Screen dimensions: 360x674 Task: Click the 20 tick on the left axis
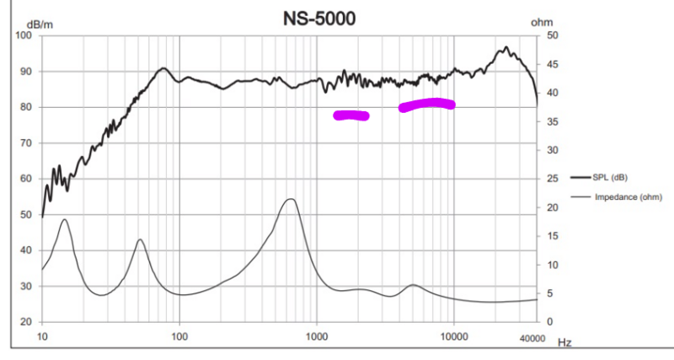tap(25, 322)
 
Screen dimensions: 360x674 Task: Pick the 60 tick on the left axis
tap(25, 179)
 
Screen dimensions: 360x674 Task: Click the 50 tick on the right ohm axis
tap(552, 35)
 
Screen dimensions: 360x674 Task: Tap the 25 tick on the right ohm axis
tap(552, 179)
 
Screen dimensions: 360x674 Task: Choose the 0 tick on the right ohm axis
tap(549, 322)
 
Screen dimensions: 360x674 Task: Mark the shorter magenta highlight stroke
tap(351, 116)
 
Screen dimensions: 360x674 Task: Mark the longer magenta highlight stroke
tap(427, 105)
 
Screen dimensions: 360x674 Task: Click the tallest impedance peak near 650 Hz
tap(290, 199)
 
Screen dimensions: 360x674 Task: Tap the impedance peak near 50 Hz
tap(140, 240)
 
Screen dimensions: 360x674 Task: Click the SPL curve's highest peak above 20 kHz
tap(505, 48)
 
